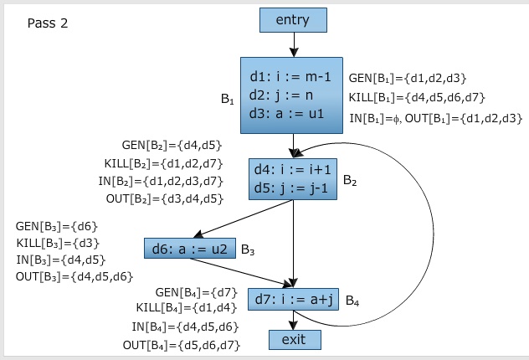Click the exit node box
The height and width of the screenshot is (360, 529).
tap(293, 339)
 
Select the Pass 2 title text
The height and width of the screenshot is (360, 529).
tap(48, 23)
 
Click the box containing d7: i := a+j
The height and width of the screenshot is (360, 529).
tap(293, 299)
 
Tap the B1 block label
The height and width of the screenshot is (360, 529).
tap(227, 99)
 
